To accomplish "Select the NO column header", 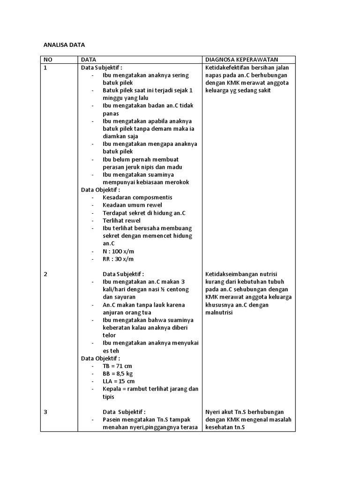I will click(48, 60).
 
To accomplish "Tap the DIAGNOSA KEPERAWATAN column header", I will click(241, 60).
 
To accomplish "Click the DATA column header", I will click(89, 60).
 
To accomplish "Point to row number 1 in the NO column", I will click(45, 67).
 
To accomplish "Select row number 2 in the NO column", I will click(45, 274).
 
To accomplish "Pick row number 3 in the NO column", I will click(45, 412).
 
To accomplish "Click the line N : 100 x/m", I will click(118, 251).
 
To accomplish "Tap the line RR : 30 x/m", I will click(118, 259).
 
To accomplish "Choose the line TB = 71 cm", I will click(117, 366).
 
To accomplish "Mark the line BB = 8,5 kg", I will click(117, 374).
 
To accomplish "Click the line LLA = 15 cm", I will click(118, 381).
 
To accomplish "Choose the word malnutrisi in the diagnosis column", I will click(219, 313).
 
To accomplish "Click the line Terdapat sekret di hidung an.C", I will click(144, 213).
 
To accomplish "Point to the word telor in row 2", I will click(109, 336).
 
